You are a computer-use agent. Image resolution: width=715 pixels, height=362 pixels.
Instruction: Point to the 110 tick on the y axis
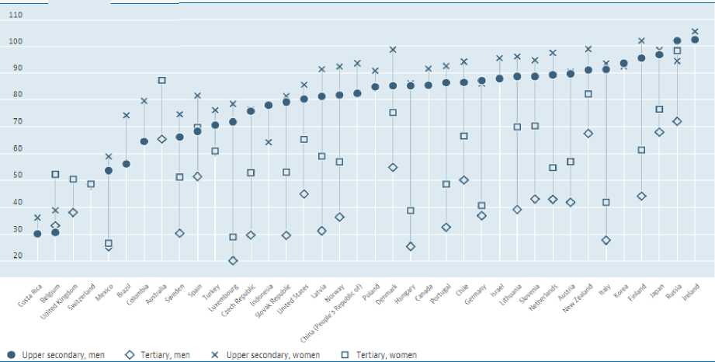pos(16,16)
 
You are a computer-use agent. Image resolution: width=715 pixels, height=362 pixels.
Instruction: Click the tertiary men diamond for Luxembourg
pos(233,261)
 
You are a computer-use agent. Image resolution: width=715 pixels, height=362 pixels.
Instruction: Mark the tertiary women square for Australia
pos(161,80)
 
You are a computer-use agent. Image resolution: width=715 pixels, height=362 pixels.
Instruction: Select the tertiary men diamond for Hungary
pos(411,246)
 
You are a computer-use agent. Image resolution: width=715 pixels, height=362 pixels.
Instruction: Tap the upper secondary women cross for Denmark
pos(393,50)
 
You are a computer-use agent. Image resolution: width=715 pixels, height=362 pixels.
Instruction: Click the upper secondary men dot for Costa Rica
pos(37,234)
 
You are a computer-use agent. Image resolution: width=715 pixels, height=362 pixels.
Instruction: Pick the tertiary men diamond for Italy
pos(606,241)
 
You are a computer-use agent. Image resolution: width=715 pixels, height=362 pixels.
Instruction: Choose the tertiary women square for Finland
pos(642,150)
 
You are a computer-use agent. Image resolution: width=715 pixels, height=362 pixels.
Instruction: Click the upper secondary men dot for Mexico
pos(109,171)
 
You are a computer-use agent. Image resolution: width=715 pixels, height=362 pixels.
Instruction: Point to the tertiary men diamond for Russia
pos(677,121)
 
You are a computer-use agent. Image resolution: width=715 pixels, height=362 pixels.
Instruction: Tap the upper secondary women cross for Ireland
pos(695,32)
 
